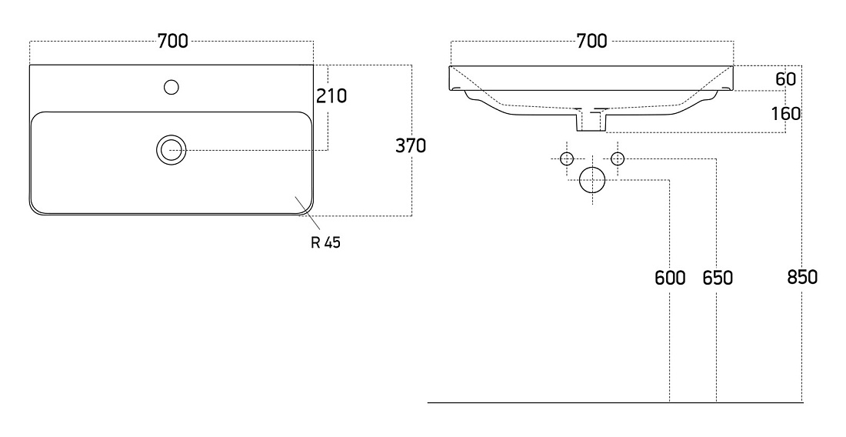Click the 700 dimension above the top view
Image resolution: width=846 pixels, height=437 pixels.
point(172,41)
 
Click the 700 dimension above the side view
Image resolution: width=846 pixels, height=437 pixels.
point(592,41)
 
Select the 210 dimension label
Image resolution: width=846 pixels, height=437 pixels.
point(331,96)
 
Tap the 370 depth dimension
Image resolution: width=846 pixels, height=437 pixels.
point(411,145)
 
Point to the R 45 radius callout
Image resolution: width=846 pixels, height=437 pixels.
point(326,243)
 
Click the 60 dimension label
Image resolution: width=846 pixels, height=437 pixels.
point(785,79)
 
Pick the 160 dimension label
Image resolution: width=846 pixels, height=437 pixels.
point(785,114)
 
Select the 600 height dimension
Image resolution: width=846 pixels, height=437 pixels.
point(670,278)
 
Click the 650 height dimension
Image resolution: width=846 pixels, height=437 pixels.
point(718,278)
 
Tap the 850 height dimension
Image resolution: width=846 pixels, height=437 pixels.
point(802,277)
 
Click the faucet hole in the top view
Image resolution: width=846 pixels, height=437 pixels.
point(172,87)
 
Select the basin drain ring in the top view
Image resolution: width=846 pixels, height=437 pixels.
point(172,150)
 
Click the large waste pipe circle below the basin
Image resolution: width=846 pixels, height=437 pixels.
point(592,180)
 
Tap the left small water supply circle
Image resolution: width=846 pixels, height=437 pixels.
point(567,158)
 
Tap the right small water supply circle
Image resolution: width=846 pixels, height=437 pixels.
point(618,158)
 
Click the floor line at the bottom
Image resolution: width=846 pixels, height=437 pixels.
point(615,402)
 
